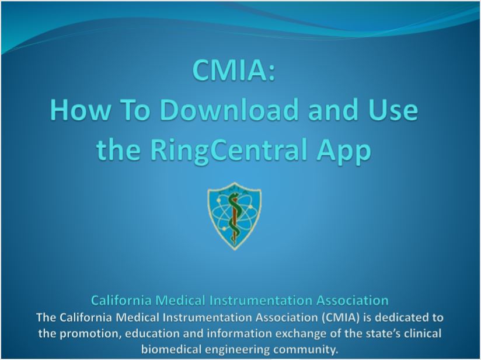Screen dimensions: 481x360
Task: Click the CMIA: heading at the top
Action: pos(233,69)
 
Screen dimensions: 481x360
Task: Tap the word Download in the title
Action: pos(229,110)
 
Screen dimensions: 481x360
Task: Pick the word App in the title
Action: pos(344,151)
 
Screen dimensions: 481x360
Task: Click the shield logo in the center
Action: pos(234,216)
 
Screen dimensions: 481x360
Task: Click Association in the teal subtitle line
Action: pos(353,300)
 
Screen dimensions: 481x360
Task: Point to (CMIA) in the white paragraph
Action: pos(341,317)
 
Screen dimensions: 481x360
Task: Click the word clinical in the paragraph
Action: pos(423,333)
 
